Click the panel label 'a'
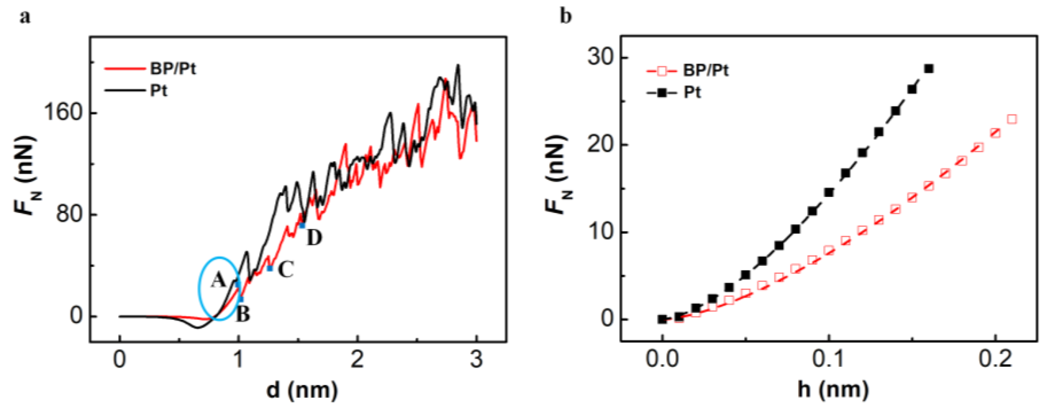coord(25,17)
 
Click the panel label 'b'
coord(566,17)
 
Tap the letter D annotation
coord(314,238)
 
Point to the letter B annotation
coord(243,314)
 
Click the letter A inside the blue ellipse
coord(218,280)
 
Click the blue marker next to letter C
coord(269,268)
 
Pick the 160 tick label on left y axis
coord(63,113)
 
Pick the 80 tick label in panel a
coord(69,214)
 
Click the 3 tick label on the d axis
coord(476,360)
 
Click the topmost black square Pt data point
coord(928,69)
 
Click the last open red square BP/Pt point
coord(1012,119)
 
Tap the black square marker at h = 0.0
coord(662,319)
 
